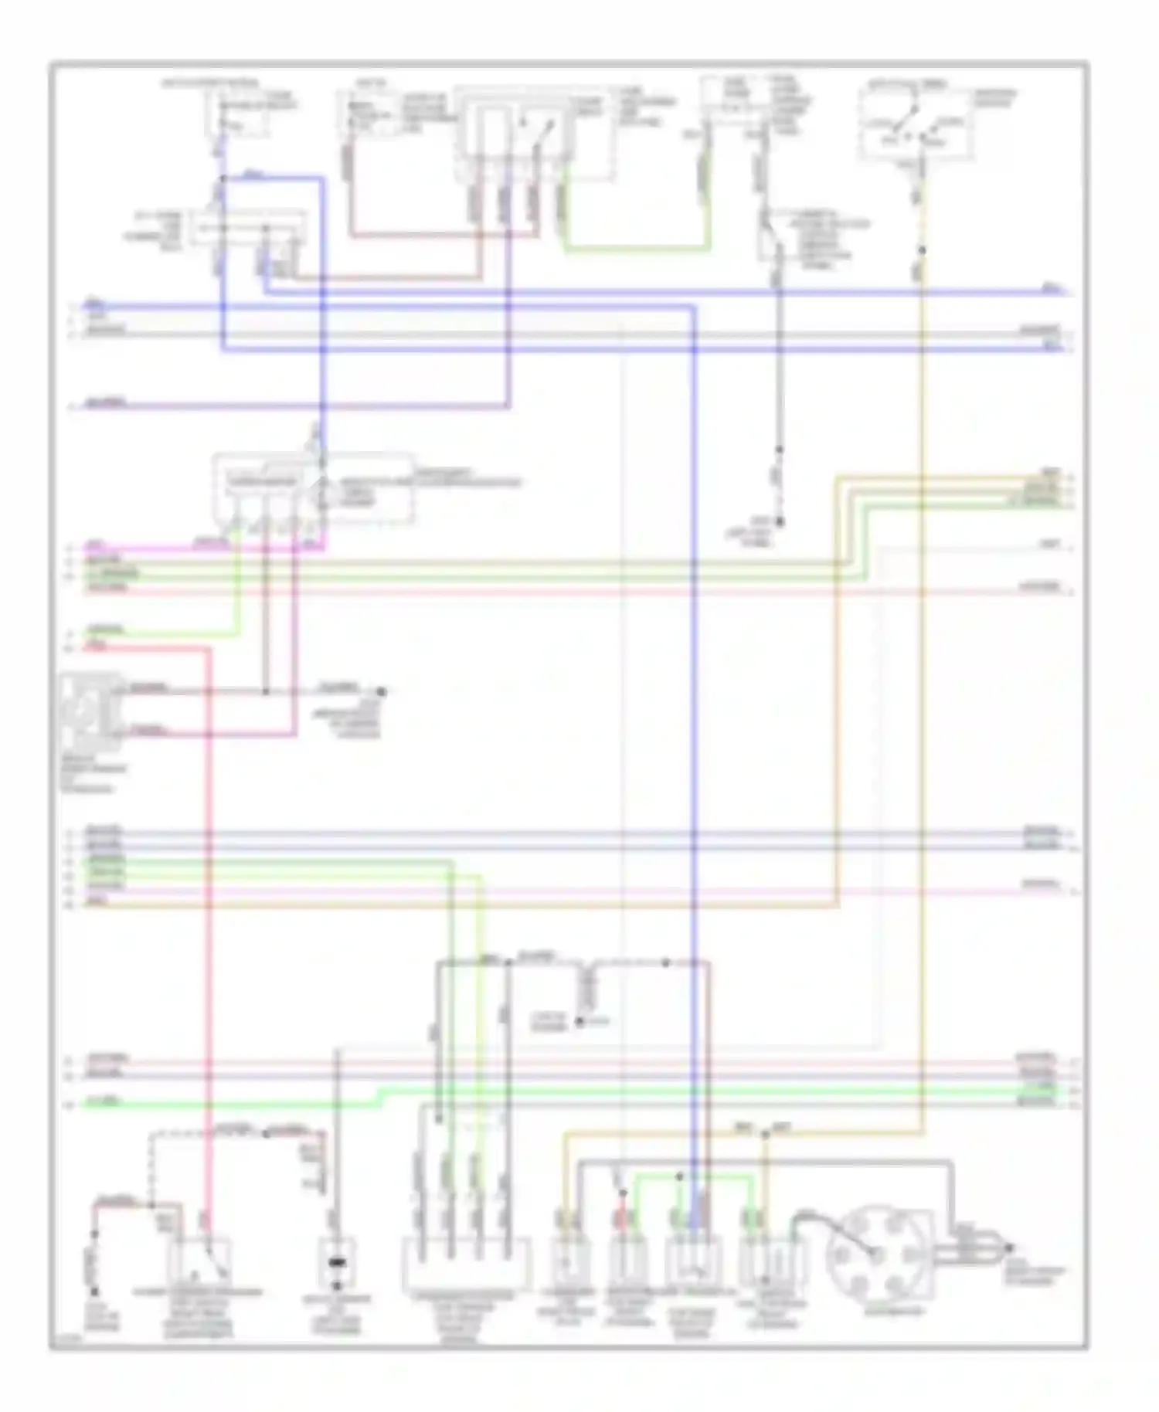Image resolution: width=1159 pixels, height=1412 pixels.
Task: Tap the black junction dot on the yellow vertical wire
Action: (921, 249)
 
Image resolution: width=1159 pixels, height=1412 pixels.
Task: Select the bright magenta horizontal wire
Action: (193, 549)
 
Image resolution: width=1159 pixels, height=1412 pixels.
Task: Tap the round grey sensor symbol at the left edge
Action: (91, 711)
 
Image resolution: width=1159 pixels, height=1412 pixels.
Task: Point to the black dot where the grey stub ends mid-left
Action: (380, 691)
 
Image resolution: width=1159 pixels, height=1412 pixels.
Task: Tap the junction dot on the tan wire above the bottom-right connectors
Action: (765, 1135)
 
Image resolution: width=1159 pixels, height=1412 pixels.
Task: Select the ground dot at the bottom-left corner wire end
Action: (94, 1291)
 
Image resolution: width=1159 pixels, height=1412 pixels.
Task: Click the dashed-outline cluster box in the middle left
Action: (313, 488)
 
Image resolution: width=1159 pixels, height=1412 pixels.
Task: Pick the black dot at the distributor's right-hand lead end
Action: (1008, 1248)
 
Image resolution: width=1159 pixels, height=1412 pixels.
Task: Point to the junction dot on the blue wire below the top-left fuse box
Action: (223, 179)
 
